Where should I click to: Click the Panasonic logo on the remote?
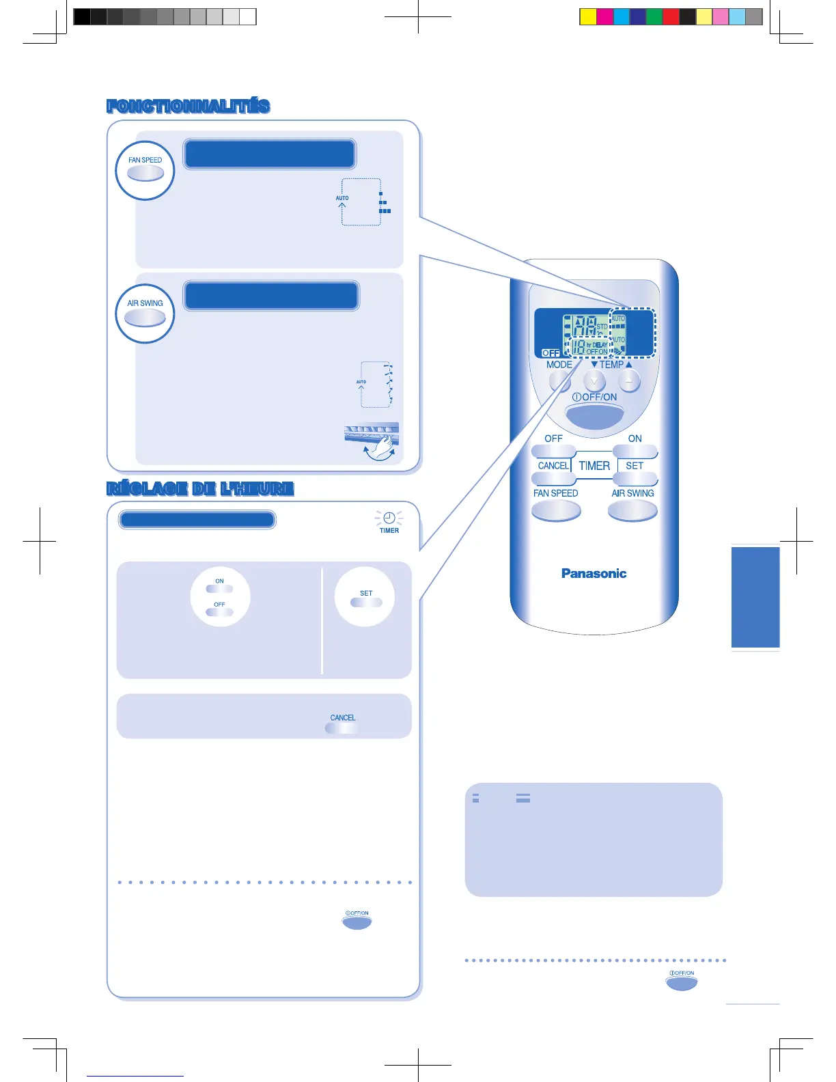coord(594,574)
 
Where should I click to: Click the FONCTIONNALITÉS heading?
coord(189,107)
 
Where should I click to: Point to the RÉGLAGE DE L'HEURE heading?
coord(200,489)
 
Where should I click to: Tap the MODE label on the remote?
coord(559,365)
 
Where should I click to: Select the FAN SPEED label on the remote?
coord(555,493)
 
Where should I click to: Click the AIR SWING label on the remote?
coord(632,493)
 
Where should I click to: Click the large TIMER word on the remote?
coord(594,466)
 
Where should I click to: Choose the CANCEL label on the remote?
coord(553,466)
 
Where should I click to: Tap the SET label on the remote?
coord(635,466)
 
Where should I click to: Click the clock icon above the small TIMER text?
coord(389,518)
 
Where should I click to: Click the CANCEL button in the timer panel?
coord(342,727)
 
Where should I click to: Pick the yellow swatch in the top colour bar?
coord(587,17)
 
